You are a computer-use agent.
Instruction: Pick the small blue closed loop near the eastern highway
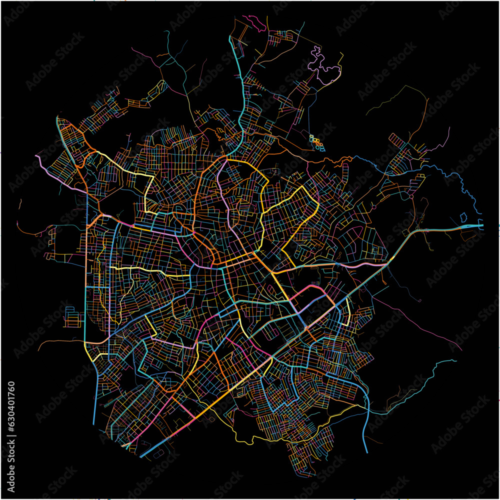pos(463,217)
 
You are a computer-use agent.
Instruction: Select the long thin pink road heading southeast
pos(425,325)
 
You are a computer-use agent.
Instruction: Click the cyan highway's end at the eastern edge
pos(482,226)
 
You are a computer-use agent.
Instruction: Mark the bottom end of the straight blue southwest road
pos(94,423)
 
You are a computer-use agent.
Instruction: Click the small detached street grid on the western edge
pos(73,317)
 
